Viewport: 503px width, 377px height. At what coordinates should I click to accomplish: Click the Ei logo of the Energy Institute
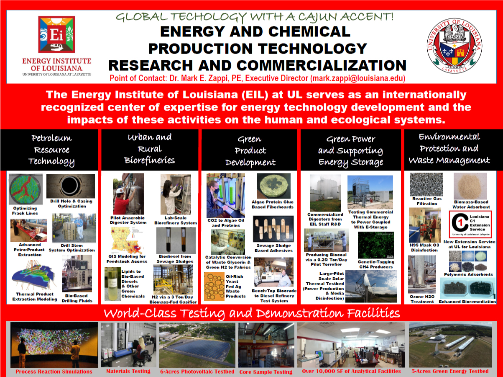56,34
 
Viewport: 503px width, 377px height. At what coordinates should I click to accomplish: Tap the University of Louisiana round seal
454,46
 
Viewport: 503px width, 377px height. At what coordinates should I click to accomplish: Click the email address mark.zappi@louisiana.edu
358,78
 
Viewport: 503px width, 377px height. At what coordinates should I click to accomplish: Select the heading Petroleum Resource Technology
51,150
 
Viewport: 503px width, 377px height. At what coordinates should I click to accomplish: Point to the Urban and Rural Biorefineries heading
150,149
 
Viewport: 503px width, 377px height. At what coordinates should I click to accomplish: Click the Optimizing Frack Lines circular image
26,189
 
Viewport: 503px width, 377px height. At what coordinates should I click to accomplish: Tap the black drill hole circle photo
71,186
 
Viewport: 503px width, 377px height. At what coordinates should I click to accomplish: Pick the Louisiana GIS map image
126,240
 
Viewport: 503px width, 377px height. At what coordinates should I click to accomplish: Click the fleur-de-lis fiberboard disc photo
273,186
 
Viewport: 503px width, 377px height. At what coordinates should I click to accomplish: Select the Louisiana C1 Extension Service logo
470,225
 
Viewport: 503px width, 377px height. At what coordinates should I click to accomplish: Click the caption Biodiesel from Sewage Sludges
175,259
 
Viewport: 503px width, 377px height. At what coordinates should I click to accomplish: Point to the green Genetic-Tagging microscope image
376,245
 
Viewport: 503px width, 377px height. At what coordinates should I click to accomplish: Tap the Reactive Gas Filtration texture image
426,184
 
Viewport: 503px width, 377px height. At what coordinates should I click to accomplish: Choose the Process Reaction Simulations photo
54,345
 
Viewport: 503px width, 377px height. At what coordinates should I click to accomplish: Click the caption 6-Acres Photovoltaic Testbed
197,371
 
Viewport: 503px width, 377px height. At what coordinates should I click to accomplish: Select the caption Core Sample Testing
266,372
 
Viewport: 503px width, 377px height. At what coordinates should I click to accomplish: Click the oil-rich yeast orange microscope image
214,286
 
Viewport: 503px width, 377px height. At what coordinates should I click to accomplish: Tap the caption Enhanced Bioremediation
467,302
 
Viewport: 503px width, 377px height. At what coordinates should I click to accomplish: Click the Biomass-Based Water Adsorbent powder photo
470,186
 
